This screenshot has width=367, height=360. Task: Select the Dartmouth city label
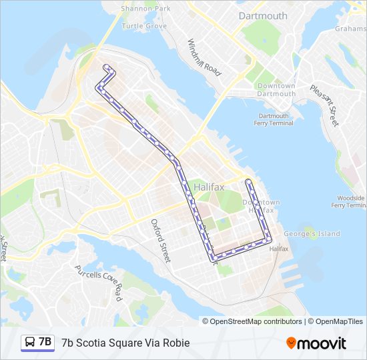[262, 15]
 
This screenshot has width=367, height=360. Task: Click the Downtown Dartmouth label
[276, 90]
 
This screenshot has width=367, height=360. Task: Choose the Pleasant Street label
[324, 105]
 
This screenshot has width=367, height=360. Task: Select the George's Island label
[312, 234]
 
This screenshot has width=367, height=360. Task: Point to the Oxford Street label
[161, 240]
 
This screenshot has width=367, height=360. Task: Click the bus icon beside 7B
[30, 343]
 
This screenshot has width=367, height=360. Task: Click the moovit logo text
[322, 343]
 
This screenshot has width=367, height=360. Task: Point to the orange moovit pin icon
[292, 343]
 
